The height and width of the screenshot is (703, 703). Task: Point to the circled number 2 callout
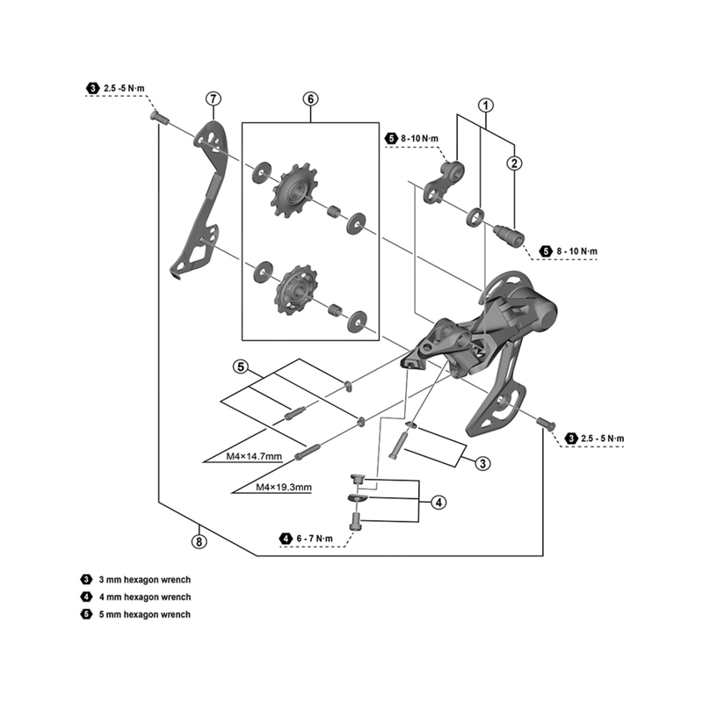514,162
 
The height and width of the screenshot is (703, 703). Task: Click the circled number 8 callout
199,541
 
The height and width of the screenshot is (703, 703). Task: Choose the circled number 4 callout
438,503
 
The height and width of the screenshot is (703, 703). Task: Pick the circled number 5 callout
241,366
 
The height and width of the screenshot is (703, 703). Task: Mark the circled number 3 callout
482,463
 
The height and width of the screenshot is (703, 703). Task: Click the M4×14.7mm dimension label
255,456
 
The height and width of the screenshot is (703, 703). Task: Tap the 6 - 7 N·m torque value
315,538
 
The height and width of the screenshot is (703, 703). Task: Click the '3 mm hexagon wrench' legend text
144,580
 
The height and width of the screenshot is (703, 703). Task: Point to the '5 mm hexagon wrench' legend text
144,614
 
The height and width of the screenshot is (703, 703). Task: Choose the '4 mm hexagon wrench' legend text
144,598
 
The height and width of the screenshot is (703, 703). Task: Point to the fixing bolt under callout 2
508,235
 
